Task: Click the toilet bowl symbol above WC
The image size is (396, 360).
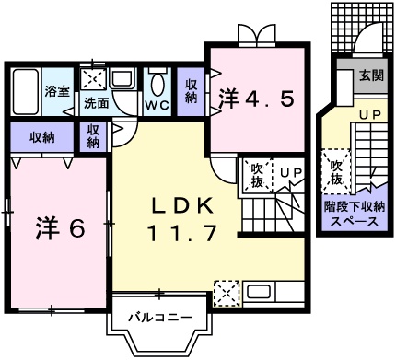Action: pos(156,84)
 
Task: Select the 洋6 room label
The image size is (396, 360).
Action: pos(63,227)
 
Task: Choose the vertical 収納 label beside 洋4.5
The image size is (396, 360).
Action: pos(191,91)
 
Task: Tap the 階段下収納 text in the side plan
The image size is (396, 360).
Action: pos(354,207)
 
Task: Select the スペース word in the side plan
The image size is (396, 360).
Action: pos(354,222)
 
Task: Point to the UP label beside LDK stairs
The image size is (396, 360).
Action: pos(291,172)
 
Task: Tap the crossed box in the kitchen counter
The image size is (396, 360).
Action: pos(225,295)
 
